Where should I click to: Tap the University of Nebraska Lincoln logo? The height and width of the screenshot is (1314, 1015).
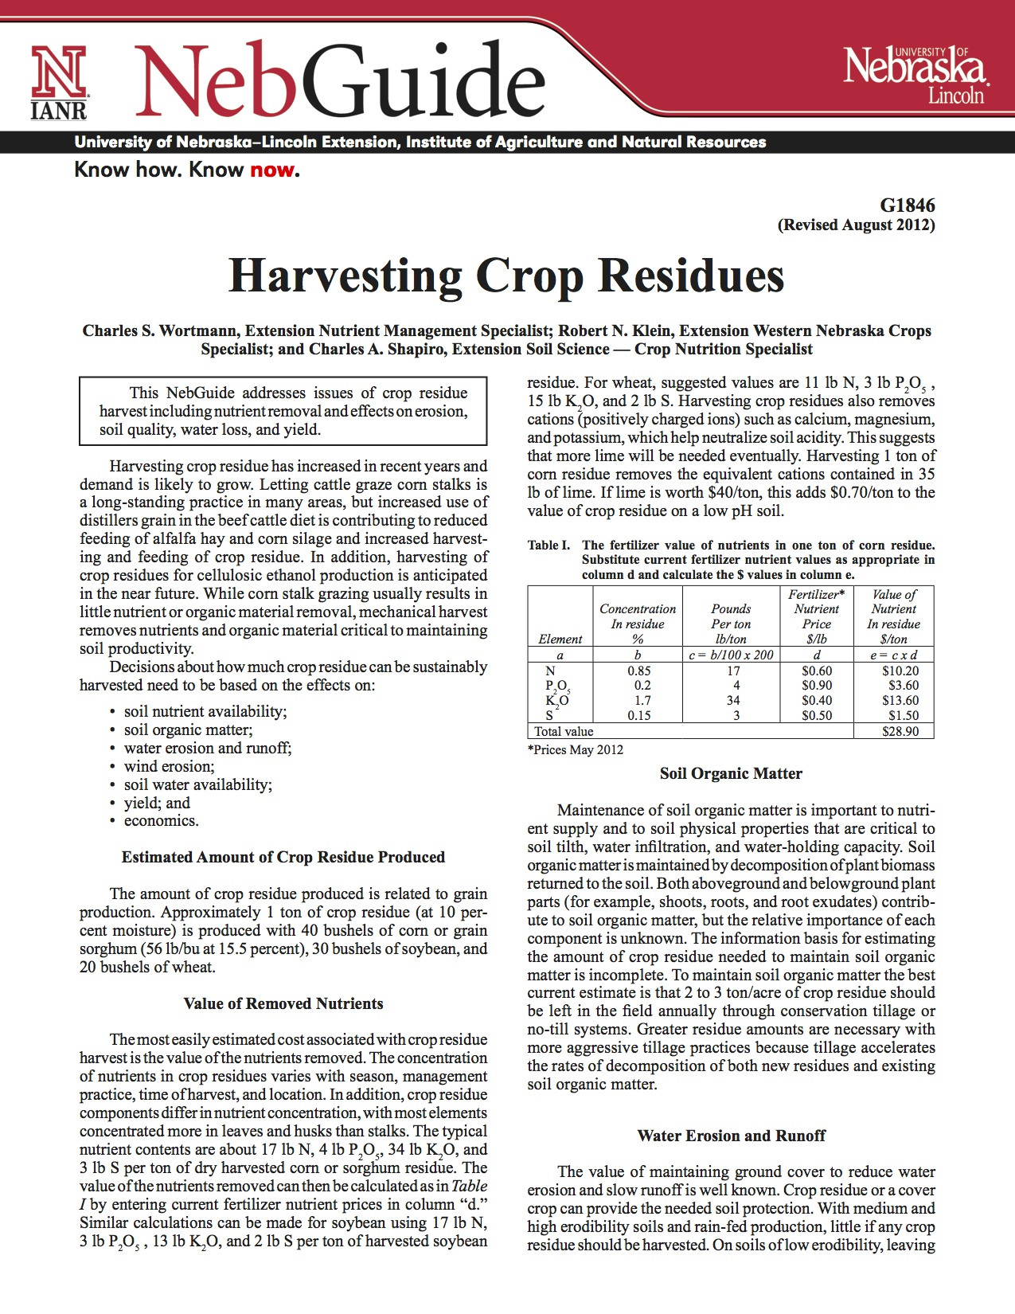coord(915,73)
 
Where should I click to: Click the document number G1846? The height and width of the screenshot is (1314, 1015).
coord(908,205)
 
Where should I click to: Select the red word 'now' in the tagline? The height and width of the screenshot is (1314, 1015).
coord(271,170)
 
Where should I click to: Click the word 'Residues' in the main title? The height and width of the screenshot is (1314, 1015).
coord(691,276)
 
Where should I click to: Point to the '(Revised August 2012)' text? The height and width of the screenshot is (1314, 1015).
coord(856,225)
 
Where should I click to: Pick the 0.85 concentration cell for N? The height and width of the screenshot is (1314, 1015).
coord(638,671)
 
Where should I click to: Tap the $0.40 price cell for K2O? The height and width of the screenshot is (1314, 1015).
coord(817,701)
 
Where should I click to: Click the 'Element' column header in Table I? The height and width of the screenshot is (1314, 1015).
coord(560,639)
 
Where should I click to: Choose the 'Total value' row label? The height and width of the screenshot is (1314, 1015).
coord(564,731)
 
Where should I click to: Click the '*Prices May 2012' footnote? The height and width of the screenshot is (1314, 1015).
coord(576,750)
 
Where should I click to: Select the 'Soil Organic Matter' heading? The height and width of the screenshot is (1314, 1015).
coord(731,773)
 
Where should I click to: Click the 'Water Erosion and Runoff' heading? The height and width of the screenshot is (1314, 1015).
coord(731,1136)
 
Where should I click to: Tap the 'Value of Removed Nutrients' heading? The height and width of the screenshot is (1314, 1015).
coord(283,1003)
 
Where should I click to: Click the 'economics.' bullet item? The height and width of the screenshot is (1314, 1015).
coord(161,821)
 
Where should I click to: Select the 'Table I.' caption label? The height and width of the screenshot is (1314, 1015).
coord(548,546)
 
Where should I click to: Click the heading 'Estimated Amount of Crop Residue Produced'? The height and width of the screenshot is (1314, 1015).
coord(283,857)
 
